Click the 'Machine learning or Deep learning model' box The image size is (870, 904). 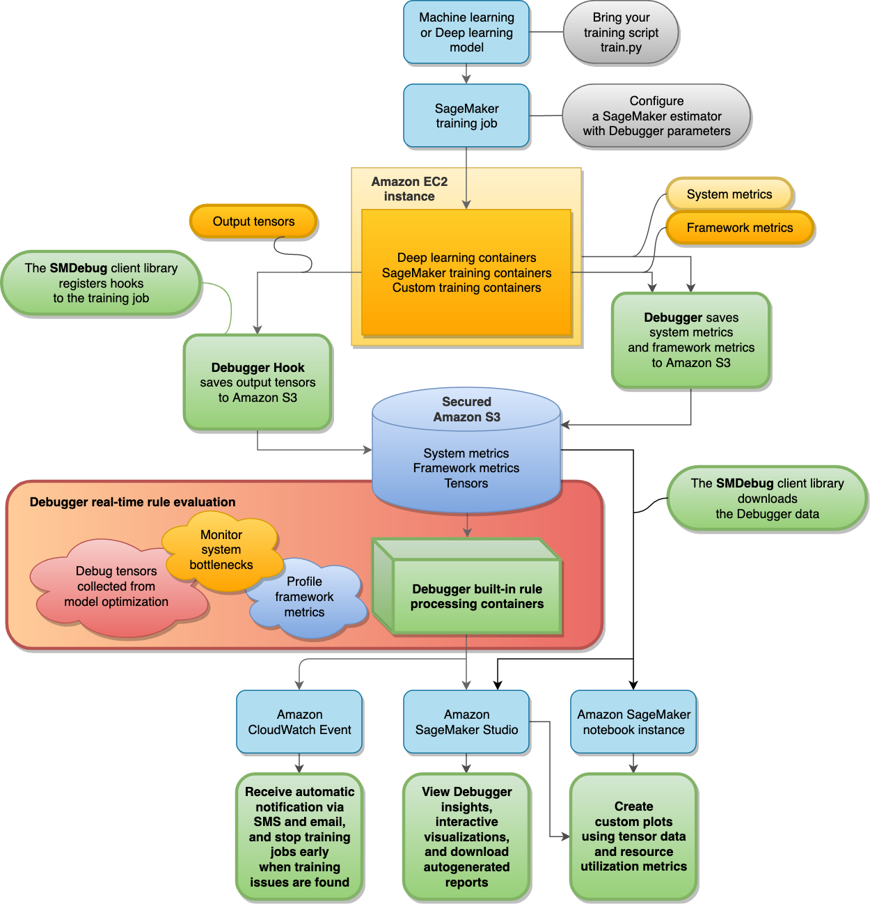click(466, 33)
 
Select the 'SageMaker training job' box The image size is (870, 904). click(466, 116)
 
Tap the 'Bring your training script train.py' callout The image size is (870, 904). click(621, 33)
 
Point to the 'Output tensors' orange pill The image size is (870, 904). click(253, 221)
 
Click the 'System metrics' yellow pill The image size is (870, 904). click(729, 194)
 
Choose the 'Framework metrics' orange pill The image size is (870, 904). click(739, 228)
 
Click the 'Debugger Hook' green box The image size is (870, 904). click(258, 382)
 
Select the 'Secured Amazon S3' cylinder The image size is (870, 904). click(466, 446)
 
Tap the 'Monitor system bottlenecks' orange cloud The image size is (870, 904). click(221, 550)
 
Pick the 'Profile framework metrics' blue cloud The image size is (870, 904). click(305, 598)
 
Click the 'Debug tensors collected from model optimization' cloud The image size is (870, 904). click(116, 586)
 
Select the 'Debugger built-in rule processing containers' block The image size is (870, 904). click(477, 596)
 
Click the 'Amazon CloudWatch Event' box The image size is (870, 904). click(299, 722)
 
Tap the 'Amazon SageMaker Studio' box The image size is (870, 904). click(466, 722)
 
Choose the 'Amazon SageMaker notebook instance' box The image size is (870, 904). click(633, 722)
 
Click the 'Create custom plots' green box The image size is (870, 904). click(633, 836)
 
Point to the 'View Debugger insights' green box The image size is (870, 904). click(466, 836)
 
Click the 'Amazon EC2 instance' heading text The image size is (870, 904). click(409, 189)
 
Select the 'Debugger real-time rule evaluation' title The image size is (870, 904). click(132, 502)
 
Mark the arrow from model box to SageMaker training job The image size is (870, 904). click(466, 74)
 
